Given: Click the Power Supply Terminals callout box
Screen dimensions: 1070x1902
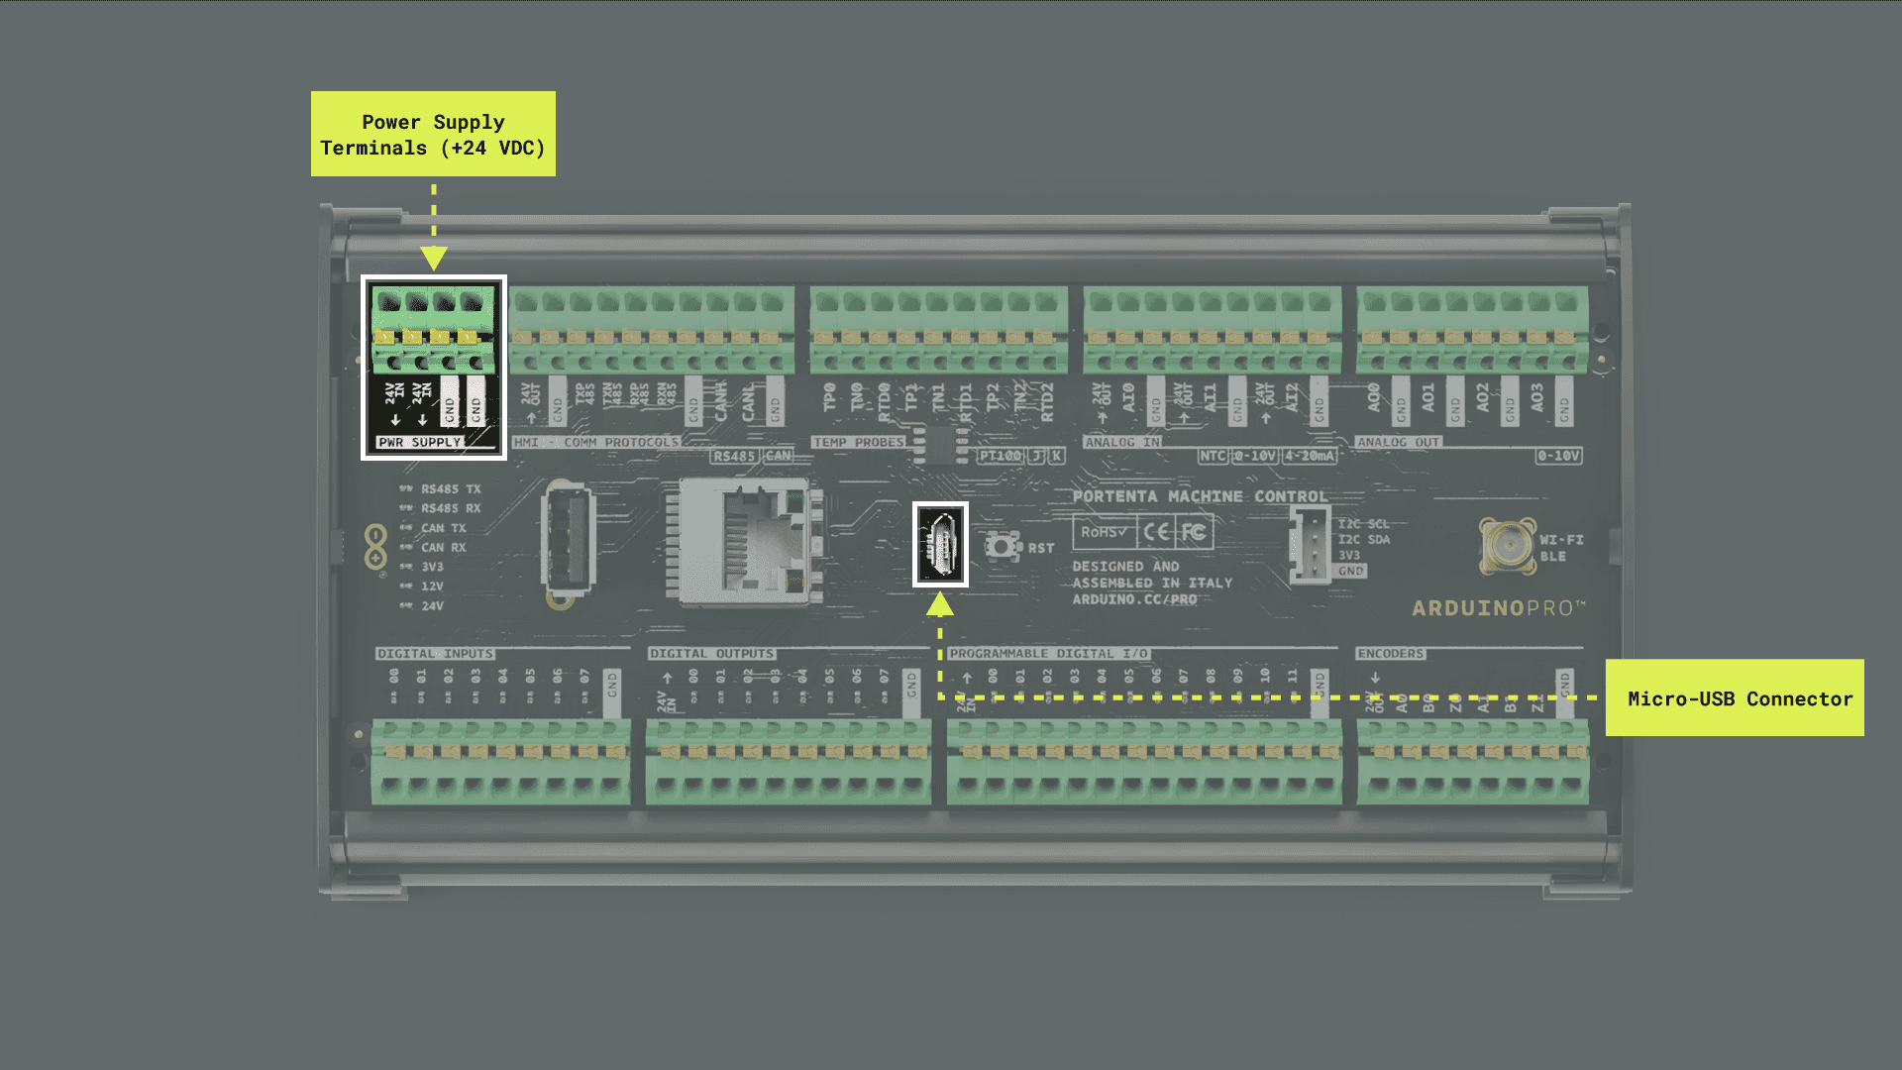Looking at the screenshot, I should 433,134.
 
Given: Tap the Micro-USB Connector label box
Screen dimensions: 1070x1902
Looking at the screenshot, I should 1734,697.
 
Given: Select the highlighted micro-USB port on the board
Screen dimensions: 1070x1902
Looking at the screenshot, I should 940,544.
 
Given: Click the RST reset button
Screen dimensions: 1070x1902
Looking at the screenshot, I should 1003,546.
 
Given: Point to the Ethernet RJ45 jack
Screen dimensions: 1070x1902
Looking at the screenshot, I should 750,542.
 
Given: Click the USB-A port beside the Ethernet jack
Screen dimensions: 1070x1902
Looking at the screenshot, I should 568,542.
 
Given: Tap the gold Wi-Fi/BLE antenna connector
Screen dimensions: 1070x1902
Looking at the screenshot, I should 1507,544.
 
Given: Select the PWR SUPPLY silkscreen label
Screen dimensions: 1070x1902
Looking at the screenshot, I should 419,442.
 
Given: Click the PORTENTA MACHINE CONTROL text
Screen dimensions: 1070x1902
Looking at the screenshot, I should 1199,496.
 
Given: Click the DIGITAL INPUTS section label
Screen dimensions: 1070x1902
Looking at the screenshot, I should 435,654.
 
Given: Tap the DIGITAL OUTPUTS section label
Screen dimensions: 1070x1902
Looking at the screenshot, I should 711,654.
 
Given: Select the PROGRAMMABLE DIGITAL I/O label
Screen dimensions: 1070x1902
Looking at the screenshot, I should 1048,654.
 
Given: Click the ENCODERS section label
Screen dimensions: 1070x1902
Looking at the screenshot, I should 1390,654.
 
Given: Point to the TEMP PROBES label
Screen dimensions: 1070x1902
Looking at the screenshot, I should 858,442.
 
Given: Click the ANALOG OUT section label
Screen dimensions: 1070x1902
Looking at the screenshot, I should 1398,442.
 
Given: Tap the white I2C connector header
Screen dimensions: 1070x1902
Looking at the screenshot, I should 1310,545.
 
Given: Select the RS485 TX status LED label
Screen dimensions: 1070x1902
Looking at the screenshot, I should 450,489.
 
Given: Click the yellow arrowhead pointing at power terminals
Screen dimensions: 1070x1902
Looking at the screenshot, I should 434,259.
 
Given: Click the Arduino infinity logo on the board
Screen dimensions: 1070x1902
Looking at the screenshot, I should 375,547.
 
